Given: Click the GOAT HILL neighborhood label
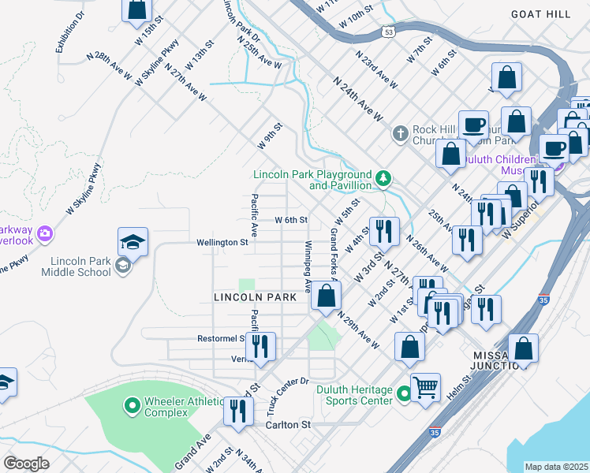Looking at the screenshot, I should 540,14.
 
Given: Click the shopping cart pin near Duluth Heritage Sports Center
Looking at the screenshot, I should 425,387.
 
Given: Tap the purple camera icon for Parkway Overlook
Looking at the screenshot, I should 45,233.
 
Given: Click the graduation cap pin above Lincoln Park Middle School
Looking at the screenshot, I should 133,242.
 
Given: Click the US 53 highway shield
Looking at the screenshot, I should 387,32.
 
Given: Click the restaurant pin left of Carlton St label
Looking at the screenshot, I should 237,411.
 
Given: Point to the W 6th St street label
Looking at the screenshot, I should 290,220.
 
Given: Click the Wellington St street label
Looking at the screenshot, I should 222,243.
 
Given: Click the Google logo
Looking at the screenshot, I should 26,464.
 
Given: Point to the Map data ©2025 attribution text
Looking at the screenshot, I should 556,467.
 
